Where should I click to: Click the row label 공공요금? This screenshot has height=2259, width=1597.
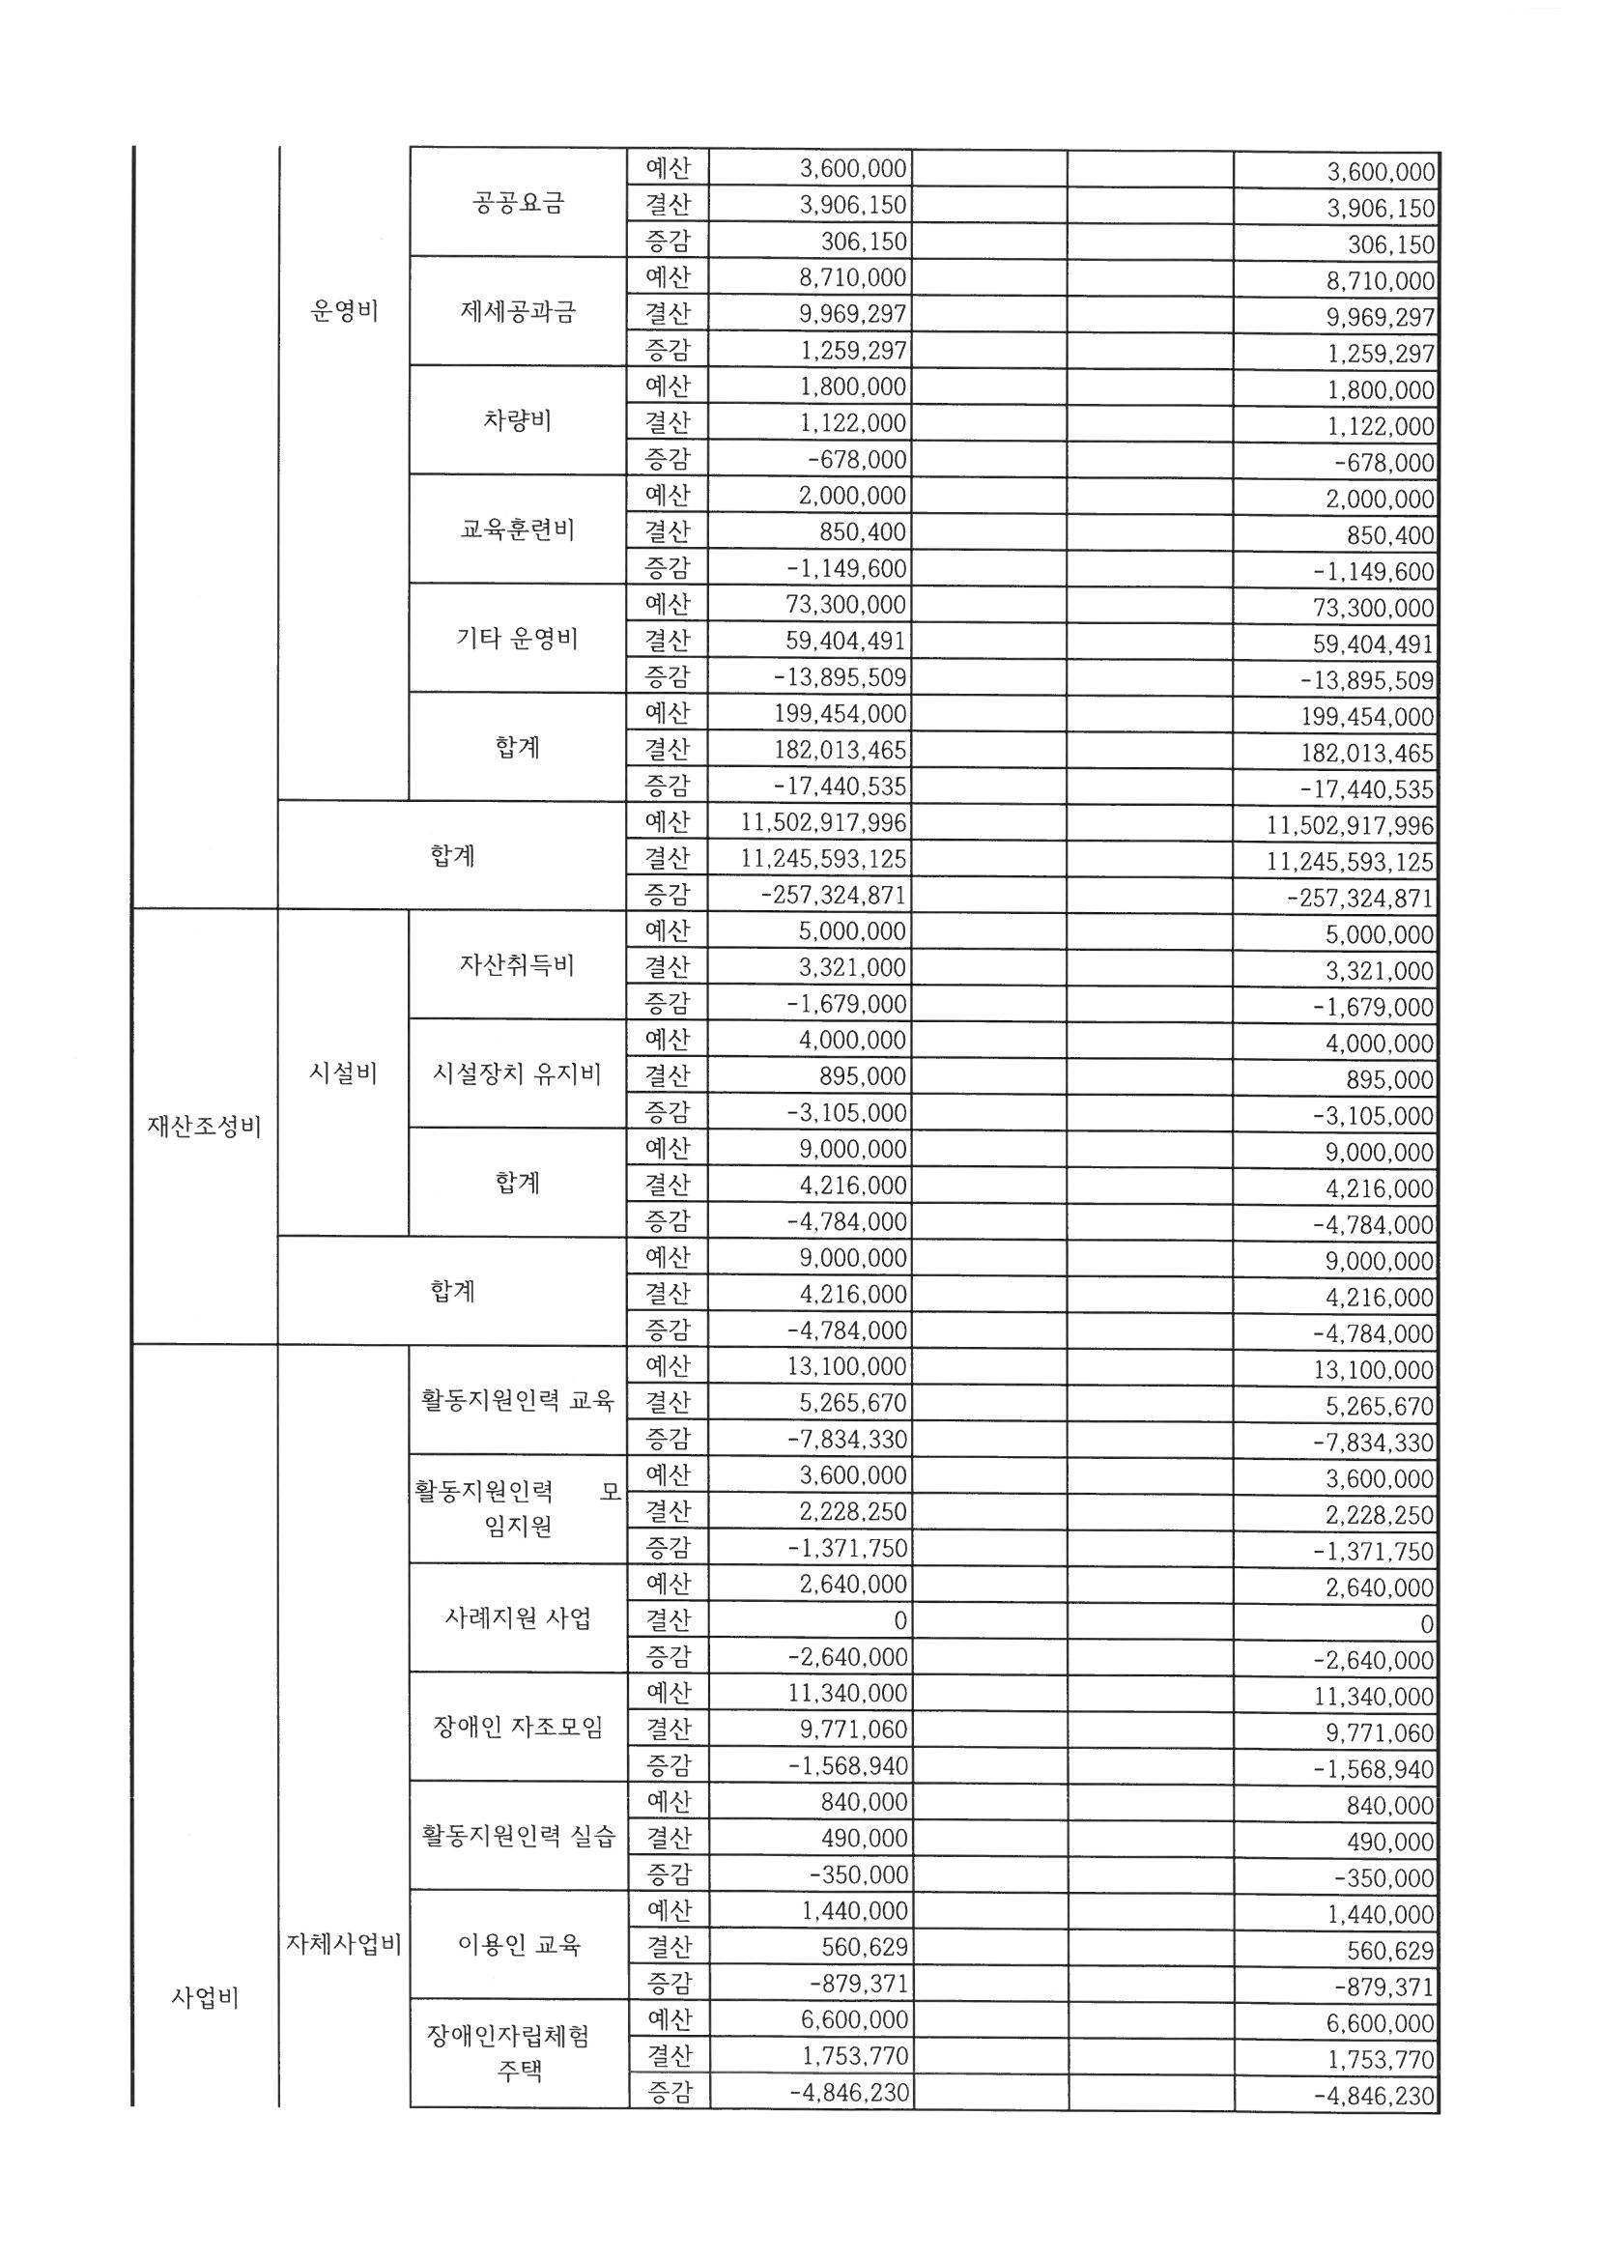point(518,204)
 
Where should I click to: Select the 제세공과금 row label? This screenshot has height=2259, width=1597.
point(518,313)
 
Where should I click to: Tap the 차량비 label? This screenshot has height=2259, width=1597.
point(518,421)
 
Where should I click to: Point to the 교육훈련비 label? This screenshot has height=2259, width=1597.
point(518,530)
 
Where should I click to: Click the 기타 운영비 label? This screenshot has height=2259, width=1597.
point(518,640)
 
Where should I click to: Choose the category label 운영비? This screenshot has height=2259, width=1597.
point(343,312)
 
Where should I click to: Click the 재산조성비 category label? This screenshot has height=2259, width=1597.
point(205,1127)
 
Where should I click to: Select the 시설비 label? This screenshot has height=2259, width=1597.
point(343,1073)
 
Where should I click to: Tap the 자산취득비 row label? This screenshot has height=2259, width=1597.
point(518,965)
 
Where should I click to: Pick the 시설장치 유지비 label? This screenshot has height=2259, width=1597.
point(518,1073)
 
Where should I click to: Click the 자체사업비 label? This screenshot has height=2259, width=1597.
point(343,1944)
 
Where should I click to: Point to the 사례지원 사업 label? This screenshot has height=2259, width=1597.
point(518,1618)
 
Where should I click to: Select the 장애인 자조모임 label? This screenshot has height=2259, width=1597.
point(518,1727)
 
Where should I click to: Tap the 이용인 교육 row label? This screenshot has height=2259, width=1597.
point(518,1944)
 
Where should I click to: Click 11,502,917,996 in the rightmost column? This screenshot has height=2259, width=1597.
point(1349,825)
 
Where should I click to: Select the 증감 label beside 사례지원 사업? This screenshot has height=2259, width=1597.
point(669,1657)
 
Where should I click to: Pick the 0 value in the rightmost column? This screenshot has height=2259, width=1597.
point(1426,1624)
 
